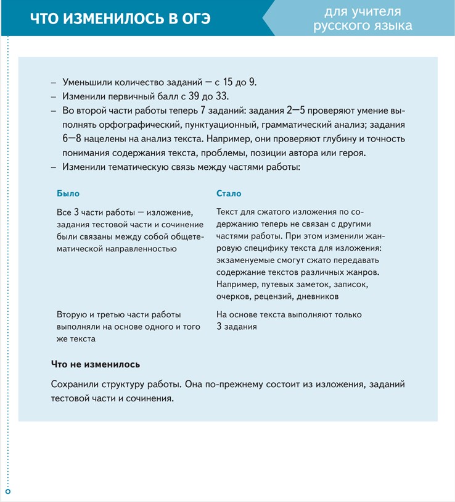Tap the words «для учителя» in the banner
click(363, 11)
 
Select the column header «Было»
click(68, 193)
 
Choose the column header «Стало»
click(229, 193)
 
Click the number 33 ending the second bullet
click(221, 96)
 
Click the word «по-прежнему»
click(235, 384)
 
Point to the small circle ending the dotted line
click(7, 492)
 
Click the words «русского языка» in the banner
click(363, 26)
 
